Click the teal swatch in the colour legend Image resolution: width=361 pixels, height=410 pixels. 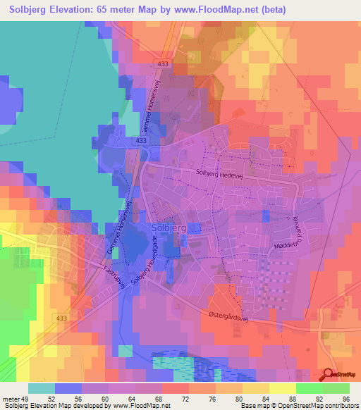[x=41, y=388]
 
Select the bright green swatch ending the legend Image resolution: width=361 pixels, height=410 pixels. [x=336, y=388]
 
